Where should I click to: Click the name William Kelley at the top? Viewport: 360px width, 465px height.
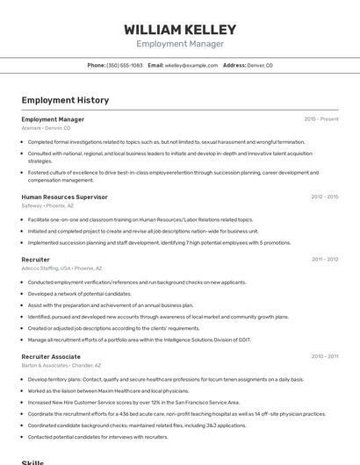(x=179, y=28)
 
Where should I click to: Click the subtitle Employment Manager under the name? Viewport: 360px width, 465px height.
(x=179, y=43)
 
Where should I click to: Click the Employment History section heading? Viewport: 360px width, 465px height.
(x=65, y=100)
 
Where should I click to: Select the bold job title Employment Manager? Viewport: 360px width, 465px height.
(x=53, y=119)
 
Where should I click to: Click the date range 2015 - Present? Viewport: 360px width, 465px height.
(x=320, y=119)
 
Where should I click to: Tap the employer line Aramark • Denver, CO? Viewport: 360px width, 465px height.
(x=46, y=128)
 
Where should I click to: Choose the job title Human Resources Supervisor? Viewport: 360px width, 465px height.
(x=64, y=197)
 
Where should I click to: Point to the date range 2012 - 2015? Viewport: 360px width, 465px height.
(x=324, y=197)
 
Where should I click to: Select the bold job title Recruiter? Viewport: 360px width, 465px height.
(x=35, y=260)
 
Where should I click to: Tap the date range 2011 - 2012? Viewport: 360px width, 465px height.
(x=325, y=260)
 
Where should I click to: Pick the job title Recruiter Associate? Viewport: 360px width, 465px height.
(x=51, y=356)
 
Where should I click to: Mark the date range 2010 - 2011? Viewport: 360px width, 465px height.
(x=325, y=356)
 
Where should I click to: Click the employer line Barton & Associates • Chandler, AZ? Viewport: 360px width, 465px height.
(x=61, y=365)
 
